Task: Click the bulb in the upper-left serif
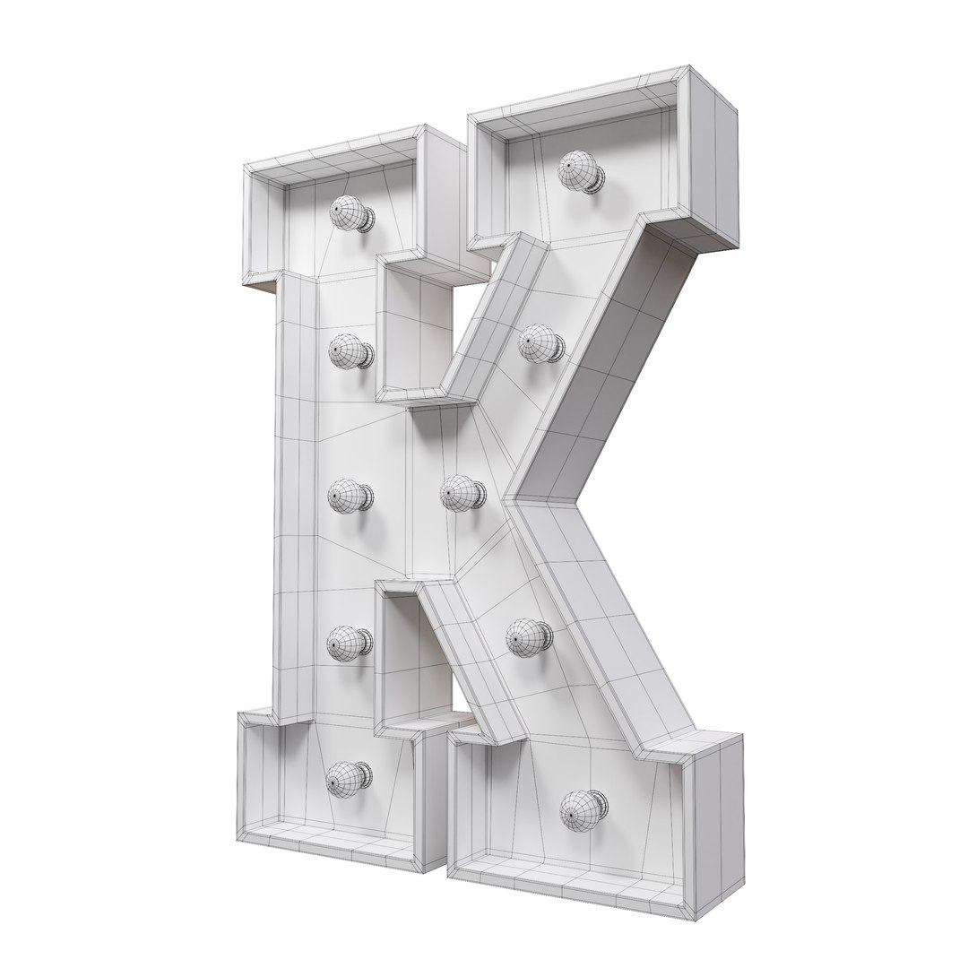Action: click(350, 214)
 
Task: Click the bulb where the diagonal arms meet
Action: click(461, 493)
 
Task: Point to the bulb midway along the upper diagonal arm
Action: click(539, 343)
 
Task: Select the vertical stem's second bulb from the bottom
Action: click(348, 642)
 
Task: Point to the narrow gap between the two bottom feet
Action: click(445, 807)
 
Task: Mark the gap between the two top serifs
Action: click(467, 188)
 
